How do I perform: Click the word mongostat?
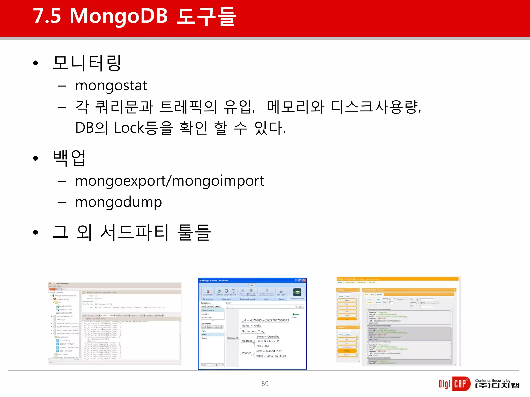[x=111, y=86]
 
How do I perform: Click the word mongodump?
[x=119, y=202]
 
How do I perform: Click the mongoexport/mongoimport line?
[x=170, y=181]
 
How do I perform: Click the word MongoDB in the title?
[x=119, y=16]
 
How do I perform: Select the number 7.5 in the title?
[x=47, y=16]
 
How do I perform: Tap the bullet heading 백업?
[x=69, y=158]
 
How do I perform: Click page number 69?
[x=265, y=384]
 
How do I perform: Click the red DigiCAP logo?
[x=452, y=384]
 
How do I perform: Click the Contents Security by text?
[x=492, y=380]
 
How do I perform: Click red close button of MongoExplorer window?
[x=304, y=280]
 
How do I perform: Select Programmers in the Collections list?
[x=208, y=310]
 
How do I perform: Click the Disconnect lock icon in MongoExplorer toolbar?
[x=208, y=291]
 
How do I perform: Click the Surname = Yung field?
[x=253, y=331]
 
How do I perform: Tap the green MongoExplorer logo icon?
[x=297, y=292]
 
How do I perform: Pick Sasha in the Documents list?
[x=204, y=338]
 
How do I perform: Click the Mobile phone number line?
[x=271, y=356]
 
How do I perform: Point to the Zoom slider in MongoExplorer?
[x=295, y=315]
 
